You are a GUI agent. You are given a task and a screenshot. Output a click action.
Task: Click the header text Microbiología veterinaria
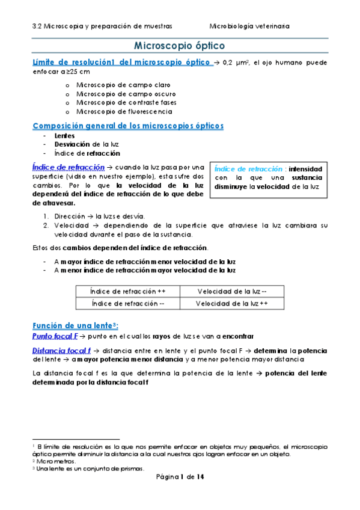(x=249, y=26)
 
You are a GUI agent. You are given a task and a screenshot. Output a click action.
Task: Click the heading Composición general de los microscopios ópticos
(x=127, y=126)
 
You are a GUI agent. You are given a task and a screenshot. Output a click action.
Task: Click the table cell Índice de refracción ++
(x=127, y=292)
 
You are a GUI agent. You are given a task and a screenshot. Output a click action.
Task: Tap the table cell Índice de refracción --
(x=127, y=304)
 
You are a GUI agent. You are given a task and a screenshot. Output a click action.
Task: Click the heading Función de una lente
(x=71, y=325)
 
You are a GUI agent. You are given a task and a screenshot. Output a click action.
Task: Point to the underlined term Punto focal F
(x=55, y=336)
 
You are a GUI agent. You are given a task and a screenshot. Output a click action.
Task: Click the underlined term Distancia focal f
(x=61, y=350)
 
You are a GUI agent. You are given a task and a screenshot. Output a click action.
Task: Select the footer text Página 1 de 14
(x=180, y=477)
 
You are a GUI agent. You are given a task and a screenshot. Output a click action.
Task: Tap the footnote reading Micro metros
(x=54, y=461)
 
